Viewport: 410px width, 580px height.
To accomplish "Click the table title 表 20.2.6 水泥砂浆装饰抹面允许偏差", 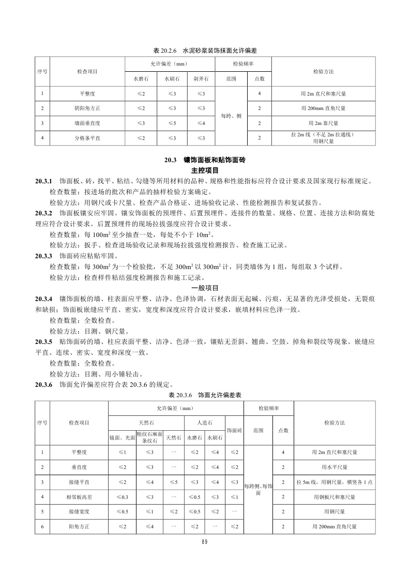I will tap(205, 51).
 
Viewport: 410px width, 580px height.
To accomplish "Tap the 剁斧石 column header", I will tap(201, 79).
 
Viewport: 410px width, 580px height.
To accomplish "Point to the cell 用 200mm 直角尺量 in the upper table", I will tap(323, 108).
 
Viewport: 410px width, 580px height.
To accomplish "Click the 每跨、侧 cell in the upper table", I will tap(231, 116).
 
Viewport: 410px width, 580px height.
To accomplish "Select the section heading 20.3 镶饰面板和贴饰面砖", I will tap(205, 161).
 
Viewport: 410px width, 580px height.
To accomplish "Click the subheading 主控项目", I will tap(205, 170).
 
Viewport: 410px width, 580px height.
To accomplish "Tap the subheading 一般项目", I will tap(205, 288).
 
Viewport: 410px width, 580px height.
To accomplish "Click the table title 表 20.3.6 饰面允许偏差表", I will tap(205, 395).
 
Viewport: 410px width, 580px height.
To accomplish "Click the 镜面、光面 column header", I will tap(122, 437).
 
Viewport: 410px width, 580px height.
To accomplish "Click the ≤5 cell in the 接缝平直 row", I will tap(174, 482).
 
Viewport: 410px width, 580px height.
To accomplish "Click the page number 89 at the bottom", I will tap(205, 542).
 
